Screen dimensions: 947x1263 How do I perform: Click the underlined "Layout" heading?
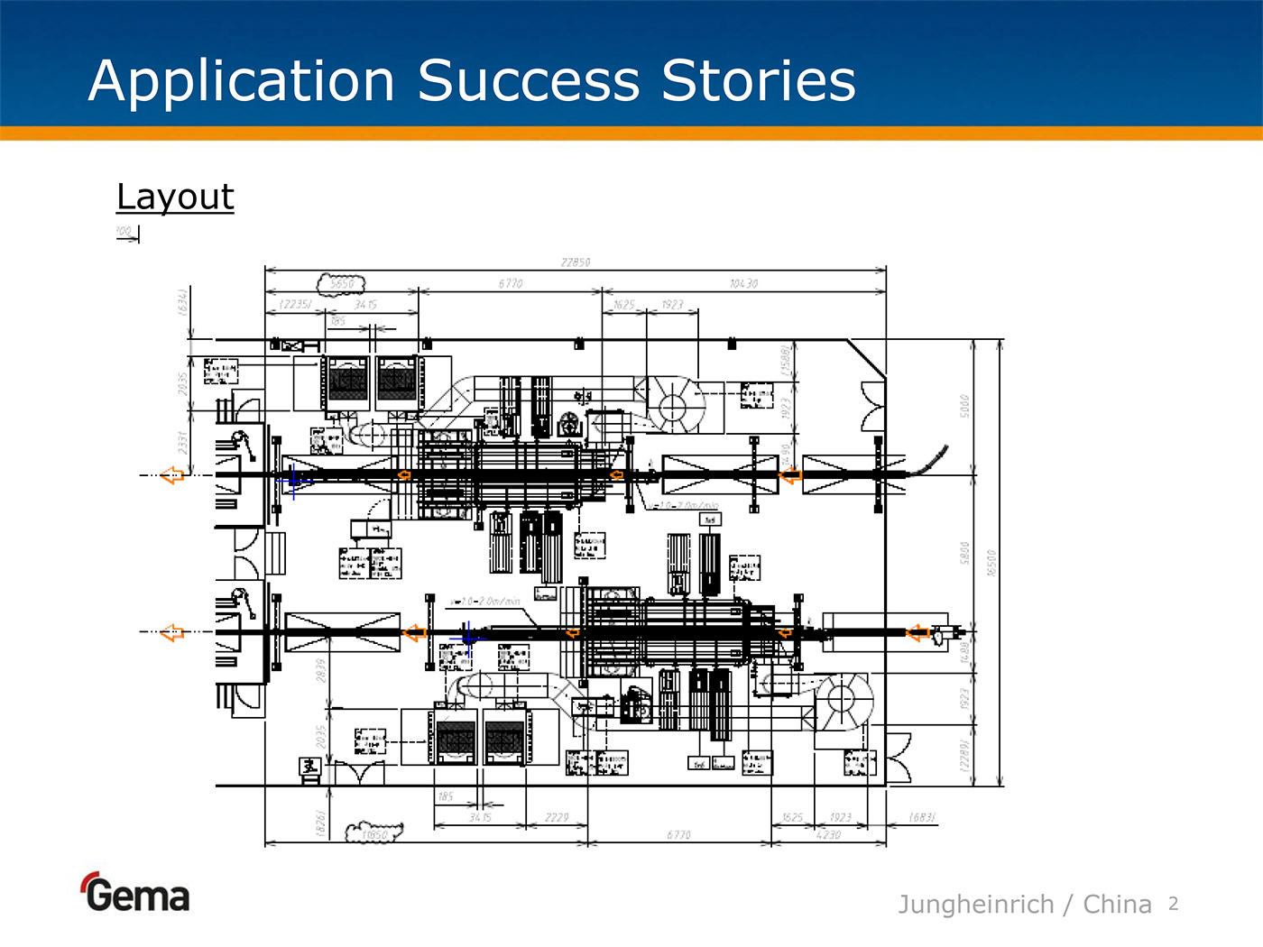pos(175,197)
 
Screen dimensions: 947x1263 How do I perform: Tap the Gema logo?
pos(136,893)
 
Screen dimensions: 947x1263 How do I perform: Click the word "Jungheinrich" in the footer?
pos(975,904)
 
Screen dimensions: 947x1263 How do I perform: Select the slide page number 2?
pos(1173,904)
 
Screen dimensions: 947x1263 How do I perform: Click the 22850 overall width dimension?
pos(576,262)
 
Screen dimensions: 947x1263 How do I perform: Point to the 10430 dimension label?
pos(743,284)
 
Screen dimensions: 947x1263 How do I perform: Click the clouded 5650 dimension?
pos(342,283)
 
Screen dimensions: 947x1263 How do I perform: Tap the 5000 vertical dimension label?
pos(964,406)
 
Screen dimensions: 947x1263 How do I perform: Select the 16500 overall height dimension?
pos(992,563)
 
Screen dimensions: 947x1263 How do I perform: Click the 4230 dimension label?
pos(828,835)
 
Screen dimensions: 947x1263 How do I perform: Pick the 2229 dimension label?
pos(557,818)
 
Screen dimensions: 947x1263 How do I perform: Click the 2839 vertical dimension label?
pos(320,670)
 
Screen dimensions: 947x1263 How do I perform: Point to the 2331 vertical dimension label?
pos(182,442)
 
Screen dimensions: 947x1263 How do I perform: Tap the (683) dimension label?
pos(922,818)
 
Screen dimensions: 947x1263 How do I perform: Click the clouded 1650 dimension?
pos(373,834)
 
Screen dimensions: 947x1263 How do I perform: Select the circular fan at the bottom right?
pos(843,699)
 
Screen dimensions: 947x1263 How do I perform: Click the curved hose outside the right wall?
pos(928,460)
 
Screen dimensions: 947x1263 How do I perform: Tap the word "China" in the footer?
pos(1117,904)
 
